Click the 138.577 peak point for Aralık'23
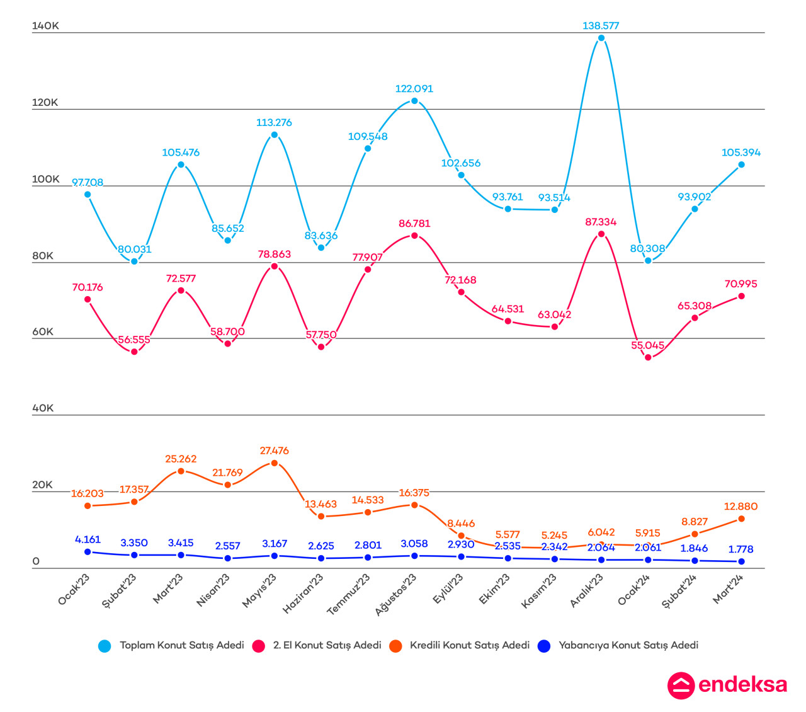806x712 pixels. point(601,38)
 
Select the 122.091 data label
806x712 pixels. point(414,89)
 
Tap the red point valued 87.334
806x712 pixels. point(601,234)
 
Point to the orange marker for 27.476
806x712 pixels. point(275,463)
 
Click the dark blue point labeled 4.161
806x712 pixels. point(88,552)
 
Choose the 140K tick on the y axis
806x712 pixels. point(45,26)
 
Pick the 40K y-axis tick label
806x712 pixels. point(43,408)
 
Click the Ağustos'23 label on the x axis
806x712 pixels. point(396,594)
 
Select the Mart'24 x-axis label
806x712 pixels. point(729,589)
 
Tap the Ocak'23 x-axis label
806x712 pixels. point(74,590)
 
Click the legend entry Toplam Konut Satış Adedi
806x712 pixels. point(182,645)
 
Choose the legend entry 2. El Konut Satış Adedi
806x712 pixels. point(327,645)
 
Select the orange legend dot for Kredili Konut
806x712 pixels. point(395,646)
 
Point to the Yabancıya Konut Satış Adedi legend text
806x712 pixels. point(628,645)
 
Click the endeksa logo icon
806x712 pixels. point(681,686)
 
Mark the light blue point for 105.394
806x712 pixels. point(741,165)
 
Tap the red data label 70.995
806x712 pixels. point(741,284)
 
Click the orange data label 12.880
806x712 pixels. point(741,507)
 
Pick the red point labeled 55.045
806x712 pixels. point(648,357)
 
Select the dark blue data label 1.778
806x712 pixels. point(741,549)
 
